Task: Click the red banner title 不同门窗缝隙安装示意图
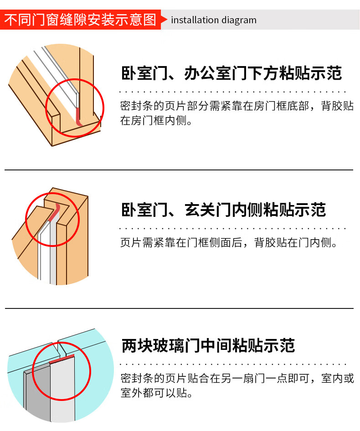pos(80,20)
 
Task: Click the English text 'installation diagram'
pos(214,20)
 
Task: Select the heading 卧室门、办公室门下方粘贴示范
pos(231,73)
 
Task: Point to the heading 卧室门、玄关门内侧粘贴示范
pos(224,210)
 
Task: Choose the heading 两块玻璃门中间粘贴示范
pos(208,345)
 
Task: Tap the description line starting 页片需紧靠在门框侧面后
pos(229,242)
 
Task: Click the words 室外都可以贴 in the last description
pos(153,393)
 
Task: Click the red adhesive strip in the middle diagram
pos(54,212)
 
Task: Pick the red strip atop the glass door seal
pos(62,359)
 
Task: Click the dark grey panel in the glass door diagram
pos(37,393)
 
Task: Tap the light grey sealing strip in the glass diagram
pos(62,390)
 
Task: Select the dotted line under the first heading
pos(233,92)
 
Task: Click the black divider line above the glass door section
pos(179,308)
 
